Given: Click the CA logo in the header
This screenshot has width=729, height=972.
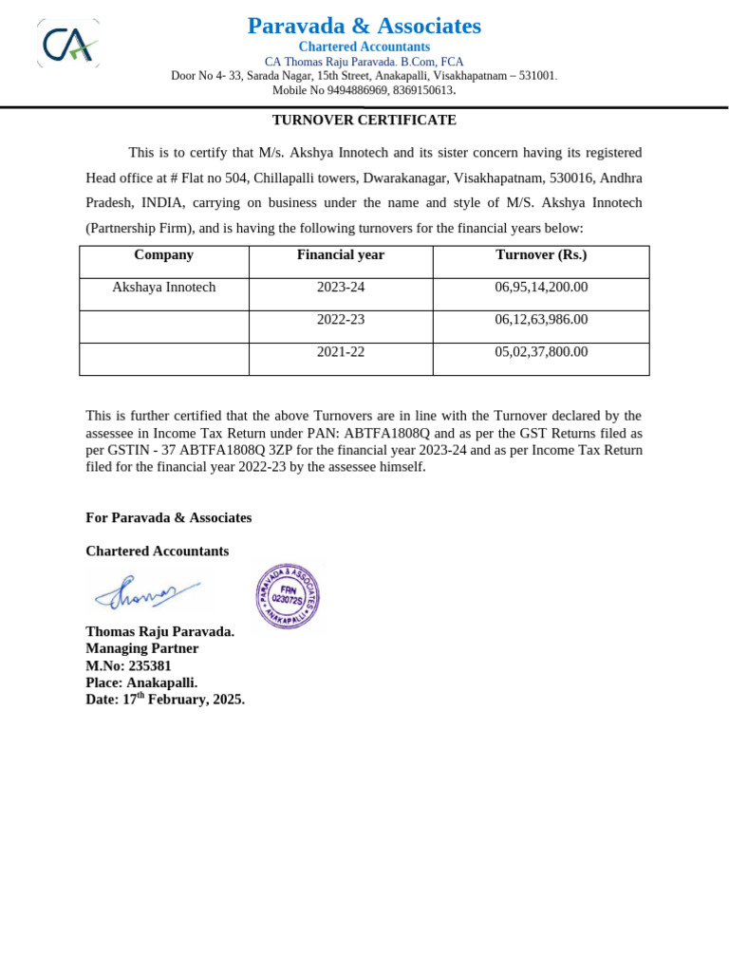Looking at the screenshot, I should (68, 44).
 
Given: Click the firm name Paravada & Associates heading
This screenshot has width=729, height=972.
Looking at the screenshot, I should (364, 26).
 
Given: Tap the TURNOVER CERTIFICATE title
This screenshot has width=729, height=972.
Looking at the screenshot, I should (364, 121).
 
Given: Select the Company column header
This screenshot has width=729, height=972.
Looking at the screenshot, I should (163, 255).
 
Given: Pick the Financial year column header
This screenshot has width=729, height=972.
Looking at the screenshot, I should (340, 255).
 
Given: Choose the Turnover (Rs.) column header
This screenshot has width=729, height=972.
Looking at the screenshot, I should (541, 255).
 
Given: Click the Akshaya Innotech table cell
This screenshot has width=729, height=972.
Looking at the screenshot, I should (163, 288).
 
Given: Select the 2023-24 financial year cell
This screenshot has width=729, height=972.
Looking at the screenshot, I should (340, 288).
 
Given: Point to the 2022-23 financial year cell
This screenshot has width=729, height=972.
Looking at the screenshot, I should (340, 320).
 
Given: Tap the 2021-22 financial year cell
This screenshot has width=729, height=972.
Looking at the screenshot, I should (340, 352).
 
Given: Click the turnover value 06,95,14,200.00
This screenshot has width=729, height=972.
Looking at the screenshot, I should (541, 288).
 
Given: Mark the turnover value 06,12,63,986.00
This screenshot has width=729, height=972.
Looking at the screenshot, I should (541, 320).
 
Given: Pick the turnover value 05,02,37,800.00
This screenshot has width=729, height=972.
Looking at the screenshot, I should (541, 352).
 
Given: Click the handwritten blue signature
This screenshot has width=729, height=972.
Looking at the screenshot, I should (144, 593).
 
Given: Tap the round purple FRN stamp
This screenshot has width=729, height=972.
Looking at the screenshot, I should (287, 596).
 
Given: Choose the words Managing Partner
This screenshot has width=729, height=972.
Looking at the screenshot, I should (142, 649).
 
